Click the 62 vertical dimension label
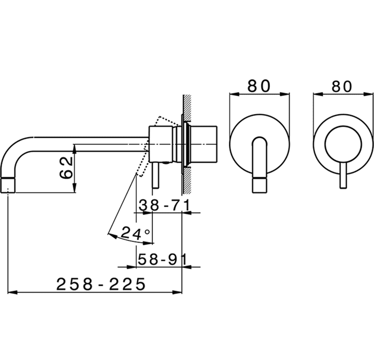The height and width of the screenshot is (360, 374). (x=66, y=167)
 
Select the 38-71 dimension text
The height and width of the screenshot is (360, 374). (x=165, y=205)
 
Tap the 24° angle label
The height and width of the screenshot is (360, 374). (x=136, y=233)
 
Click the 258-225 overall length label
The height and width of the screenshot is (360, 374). (x=100, y=284)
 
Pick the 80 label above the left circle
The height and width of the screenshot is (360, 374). (x=259, y=86)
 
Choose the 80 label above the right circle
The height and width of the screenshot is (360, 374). (x=342, y=86)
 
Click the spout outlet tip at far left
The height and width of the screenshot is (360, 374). (x=8, y=185)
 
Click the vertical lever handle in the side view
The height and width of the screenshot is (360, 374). (x=155, y=176)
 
